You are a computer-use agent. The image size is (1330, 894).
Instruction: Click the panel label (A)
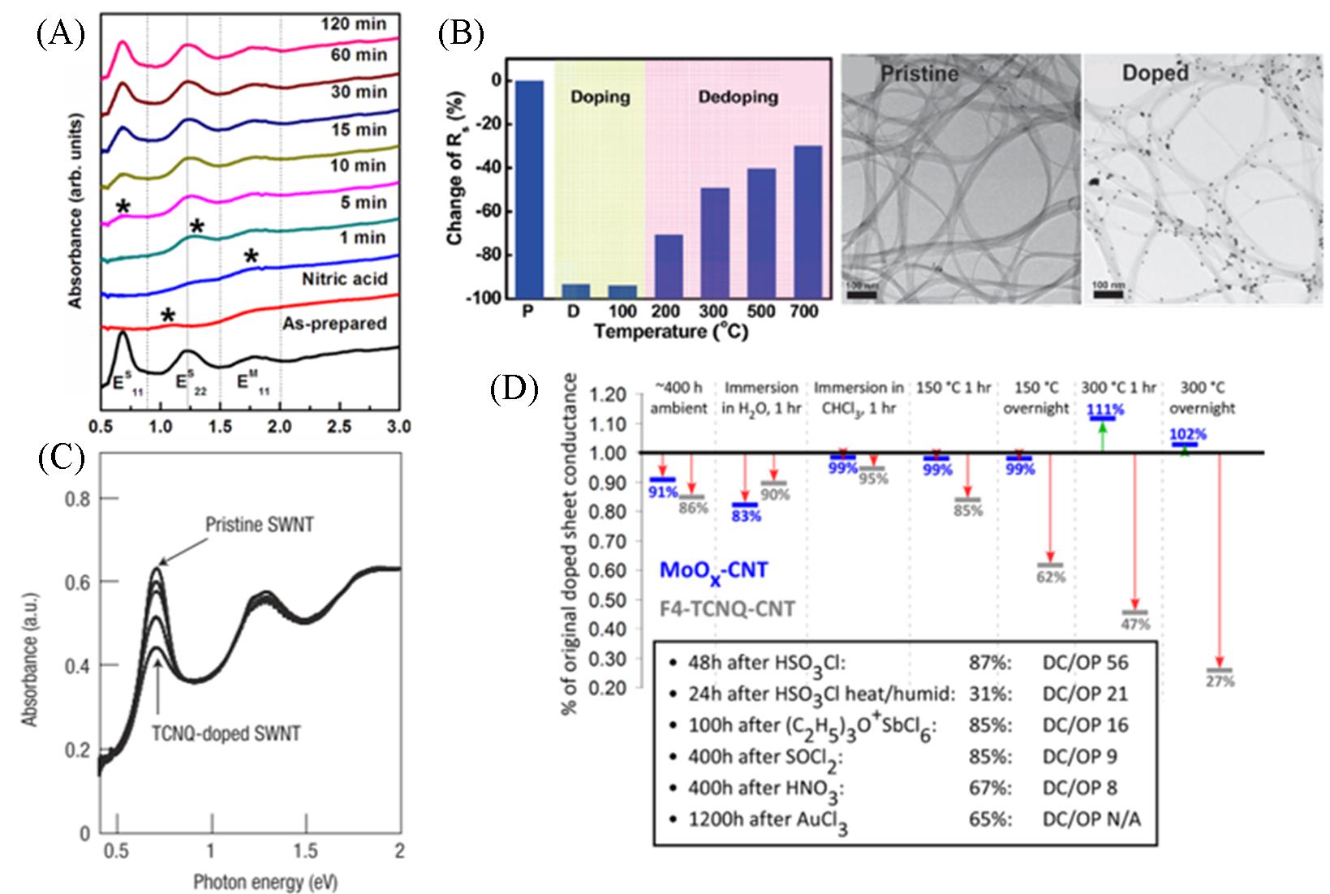pyautogui.click(x=61, y=36)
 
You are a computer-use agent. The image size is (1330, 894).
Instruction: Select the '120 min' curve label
pyautogui.click(x=359, y=24)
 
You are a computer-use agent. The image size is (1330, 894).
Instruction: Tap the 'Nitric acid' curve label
pyautogui.click(x=345, y=279)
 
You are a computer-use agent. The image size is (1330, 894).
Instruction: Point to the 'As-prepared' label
pyautogui.click(x=334, y=324)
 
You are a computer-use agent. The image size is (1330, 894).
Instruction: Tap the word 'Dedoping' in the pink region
pyautogui.click(x=738, y=97)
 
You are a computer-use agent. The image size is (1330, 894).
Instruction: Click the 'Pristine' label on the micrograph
pyautogui.click(x=919, y=74)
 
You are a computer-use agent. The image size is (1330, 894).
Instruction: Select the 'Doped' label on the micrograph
pyautogui.click(x=1155, y=73)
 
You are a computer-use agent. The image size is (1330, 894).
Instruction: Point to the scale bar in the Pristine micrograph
pyautogui.click(x=862, y=294)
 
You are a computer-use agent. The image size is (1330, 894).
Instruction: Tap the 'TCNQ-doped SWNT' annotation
pyautogui.click(x=226, y=734)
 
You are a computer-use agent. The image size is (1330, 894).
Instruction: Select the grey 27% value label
pyautogui.click(x=1219, y=681)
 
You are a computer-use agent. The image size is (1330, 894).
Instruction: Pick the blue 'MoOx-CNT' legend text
pyautogui.click(x=713, y=571)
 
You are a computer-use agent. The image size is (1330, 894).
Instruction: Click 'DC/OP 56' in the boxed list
pyautogui.click(x=1085, y=663)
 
